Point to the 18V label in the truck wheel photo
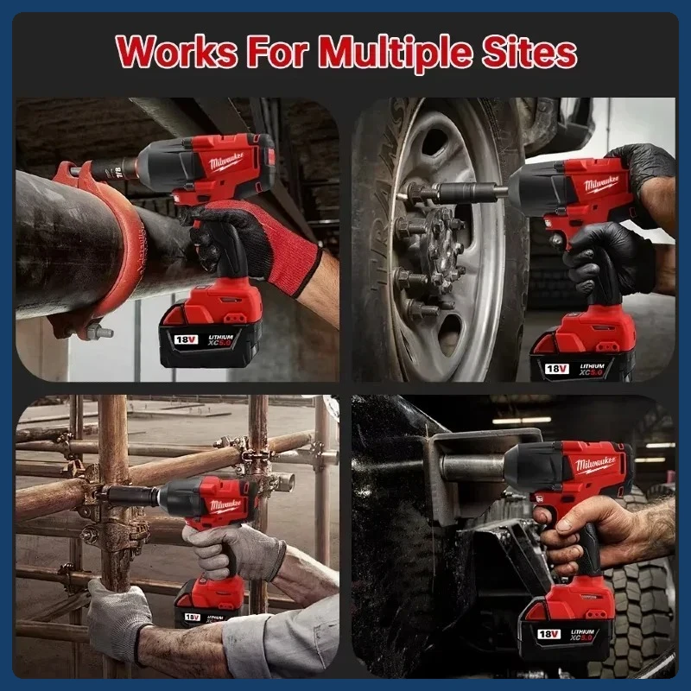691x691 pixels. [555, 368]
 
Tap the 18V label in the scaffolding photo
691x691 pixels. [192, 618]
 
